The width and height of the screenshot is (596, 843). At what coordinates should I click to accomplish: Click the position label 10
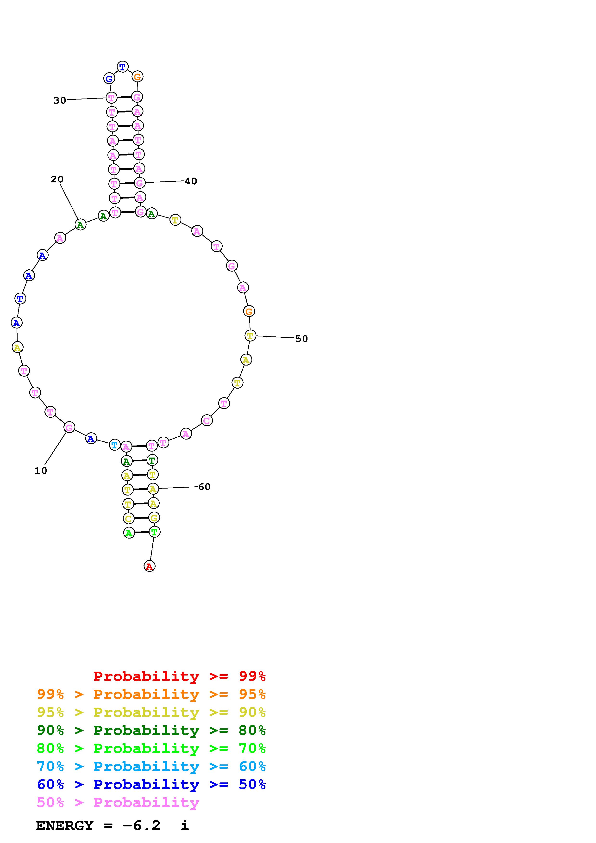coord(41,471)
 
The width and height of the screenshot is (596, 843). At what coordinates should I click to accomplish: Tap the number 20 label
coord(57,179)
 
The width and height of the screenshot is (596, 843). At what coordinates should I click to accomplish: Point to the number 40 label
coord(191,181)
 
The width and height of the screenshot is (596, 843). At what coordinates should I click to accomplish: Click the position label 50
coord(301,339)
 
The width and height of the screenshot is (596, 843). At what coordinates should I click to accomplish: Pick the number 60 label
coord(204,487)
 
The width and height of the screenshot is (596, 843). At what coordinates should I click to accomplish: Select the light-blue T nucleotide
coord(115,445)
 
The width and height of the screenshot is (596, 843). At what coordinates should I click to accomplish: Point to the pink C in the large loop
coord(207,420)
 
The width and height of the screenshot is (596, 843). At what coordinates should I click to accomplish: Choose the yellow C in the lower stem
coord(128,518)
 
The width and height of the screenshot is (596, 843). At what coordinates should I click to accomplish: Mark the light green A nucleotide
coord(129,533)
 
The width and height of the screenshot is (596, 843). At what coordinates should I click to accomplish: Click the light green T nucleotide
coord(154,532)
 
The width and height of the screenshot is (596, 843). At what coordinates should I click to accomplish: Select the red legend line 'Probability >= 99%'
coord(179,676)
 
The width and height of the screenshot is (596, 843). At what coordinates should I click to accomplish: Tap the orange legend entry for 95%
coord(151,694)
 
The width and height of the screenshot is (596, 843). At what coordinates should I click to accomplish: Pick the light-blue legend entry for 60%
coord(151,766)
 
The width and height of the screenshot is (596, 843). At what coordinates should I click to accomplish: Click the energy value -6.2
coord(142,826)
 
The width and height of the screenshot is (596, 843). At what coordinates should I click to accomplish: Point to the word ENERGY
coord(65,826)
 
